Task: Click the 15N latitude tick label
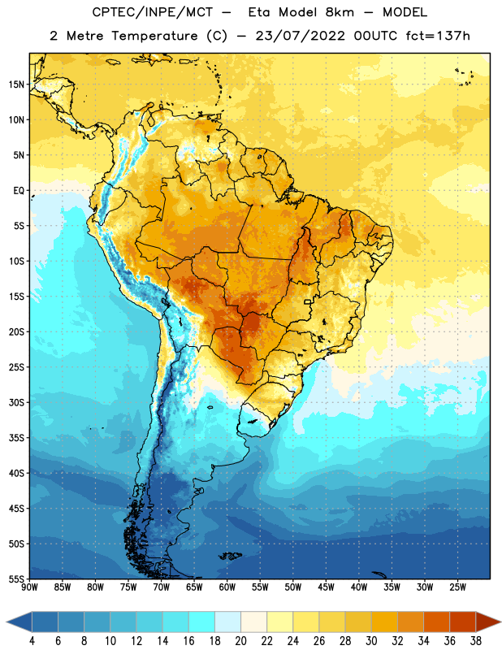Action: pos(16,84)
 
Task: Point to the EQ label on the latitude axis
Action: pos(19,191)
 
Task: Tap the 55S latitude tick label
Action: pos(16,579)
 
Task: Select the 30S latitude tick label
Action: pos(16,402)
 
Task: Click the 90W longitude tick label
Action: pos(29,587)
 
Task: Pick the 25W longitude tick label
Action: pos(457,587)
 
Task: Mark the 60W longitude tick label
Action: pos(227,587)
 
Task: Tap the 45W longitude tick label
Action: pos(326,587)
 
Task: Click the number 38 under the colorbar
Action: pos(476,641)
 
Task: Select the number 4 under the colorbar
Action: pos(32,641)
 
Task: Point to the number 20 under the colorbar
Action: pos(240,641)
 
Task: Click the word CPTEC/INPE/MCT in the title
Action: pos(152,12)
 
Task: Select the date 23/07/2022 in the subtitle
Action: pos(300,36)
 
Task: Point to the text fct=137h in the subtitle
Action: pos(438,36)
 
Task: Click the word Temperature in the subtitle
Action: pos(154,37)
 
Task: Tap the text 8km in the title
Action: pos(340,12)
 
